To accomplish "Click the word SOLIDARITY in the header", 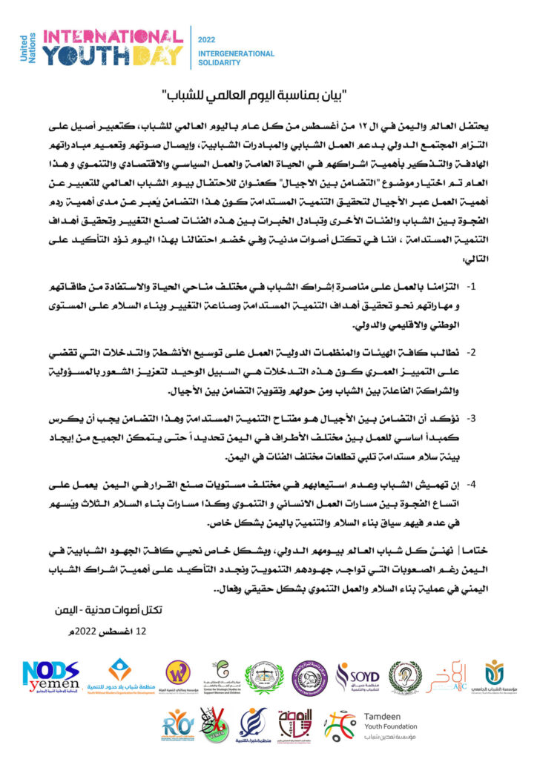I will click(219, 63).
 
